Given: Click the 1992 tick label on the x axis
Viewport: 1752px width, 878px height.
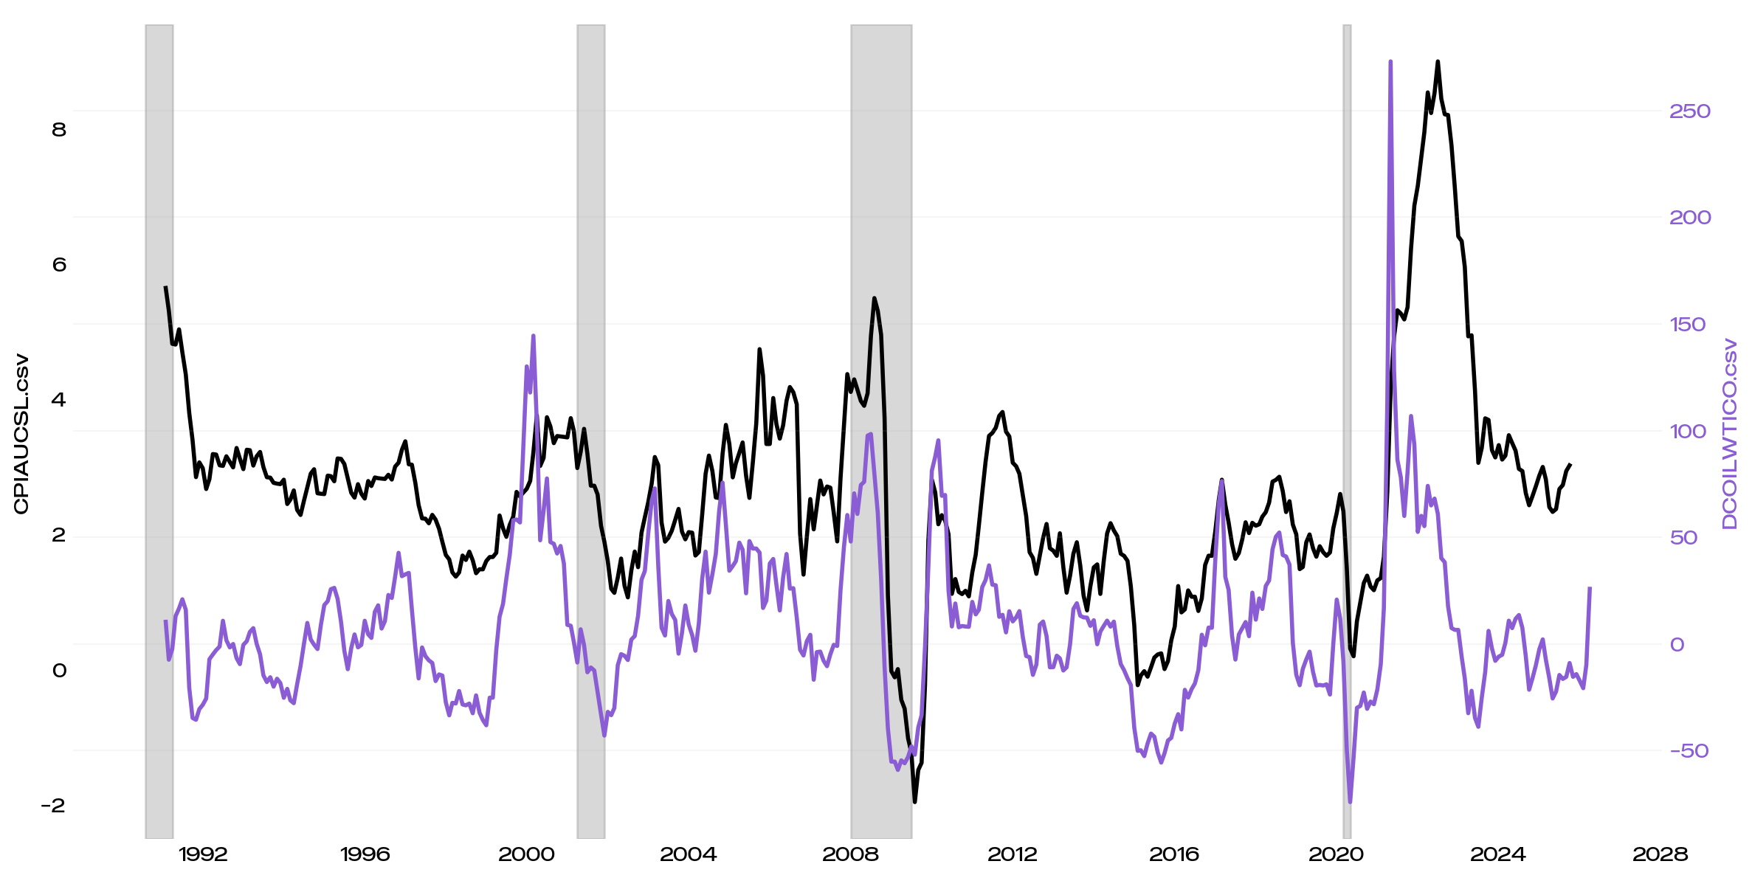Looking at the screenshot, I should click(x=203, y=854).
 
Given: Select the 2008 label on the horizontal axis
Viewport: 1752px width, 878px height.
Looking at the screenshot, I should click(x=850, y=854).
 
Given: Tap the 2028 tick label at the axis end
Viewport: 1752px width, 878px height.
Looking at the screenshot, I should click(x=1660, y=854).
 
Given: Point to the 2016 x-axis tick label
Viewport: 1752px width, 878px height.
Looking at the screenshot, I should click(x=1173, y=854).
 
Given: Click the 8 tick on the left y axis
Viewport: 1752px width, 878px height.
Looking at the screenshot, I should click(x=59, y=130).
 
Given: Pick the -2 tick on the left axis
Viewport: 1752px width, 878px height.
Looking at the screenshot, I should click(x=53, y=805).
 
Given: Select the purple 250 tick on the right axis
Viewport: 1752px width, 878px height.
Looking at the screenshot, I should click(x=1689, y=111).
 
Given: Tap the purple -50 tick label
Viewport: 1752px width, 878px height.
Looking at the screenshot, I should click(x=1689, y=751).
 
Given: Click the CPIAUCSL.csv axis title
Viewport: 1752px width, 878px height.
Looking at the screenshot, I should click(x=21, y=434).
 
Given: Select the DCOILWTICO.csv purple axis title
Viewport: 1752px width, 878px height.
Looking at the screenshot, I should click(x=1729, y=434).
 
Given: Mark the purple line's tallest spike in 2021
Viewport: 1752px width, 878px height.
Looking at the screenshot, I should click(x=1390, y=62).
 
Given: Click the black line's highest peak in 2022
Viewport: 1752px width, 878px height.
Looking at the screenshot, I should click(x=1438, y=62).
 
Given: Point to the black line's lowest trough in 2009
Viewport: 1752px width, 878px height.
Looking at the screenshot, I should click(x=914, y=801).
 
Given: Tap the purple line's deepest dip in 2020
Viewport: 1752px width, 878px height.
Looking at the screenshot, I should click(x=1350, y=801).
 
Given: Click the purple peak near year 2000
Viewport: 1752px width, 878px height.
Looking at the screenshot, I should click(x=533, y=336).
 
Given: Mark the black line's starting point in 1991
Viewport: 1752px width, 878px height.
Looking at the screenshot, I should click(x=165, y=287).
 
